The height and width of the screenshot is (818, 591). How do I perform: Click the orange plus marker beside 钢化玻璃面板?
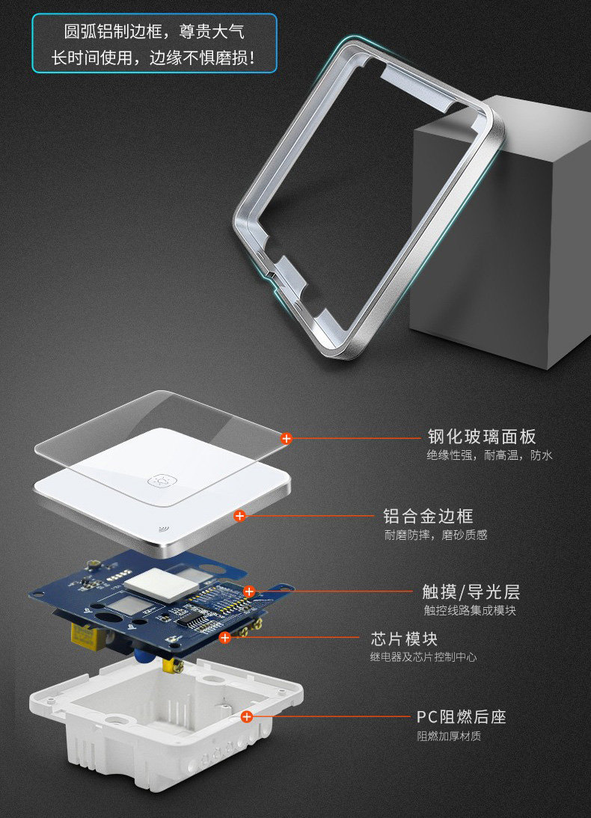click(286, 438)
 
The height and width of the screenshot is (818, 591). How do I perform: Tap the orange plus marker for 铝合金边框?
click(239, 516)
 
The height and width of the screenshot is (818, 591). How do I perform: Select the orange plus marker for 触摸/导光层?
click(249, 591)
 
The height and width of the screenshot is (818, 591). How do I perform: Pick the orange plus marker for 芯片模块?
click(225, 638)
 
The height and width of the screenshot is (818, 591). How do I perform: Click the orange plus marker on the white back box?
click(247, 717)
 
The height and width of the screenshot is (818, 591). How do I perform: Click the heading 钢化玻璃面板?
click(482, 437)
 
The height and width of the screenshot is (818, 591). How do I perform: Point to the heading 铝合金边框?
click(428, 516)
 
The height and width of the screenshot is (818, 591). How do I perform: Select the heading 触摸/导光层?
click(471, 592)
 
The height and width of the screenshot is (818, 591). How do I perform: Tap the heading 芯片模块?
click(404, 639)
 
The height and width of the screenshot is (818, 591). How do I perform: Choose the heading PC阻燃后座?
click(462, 717)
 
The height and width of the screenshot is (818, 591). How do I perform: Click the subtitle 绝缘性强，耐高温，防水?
click(489, 455)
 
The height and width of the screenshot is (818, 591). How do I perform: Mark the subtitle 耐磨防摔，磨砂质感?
click(436, 535)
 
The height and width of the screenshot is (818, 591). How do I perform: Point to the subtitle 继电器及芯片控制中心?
click(423, 656)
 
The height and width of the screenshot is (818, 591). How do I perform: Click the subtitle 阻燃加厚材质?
click(449, 736)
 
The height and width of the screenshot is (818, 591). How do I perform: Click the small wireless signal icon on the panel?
click(162, 530)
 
